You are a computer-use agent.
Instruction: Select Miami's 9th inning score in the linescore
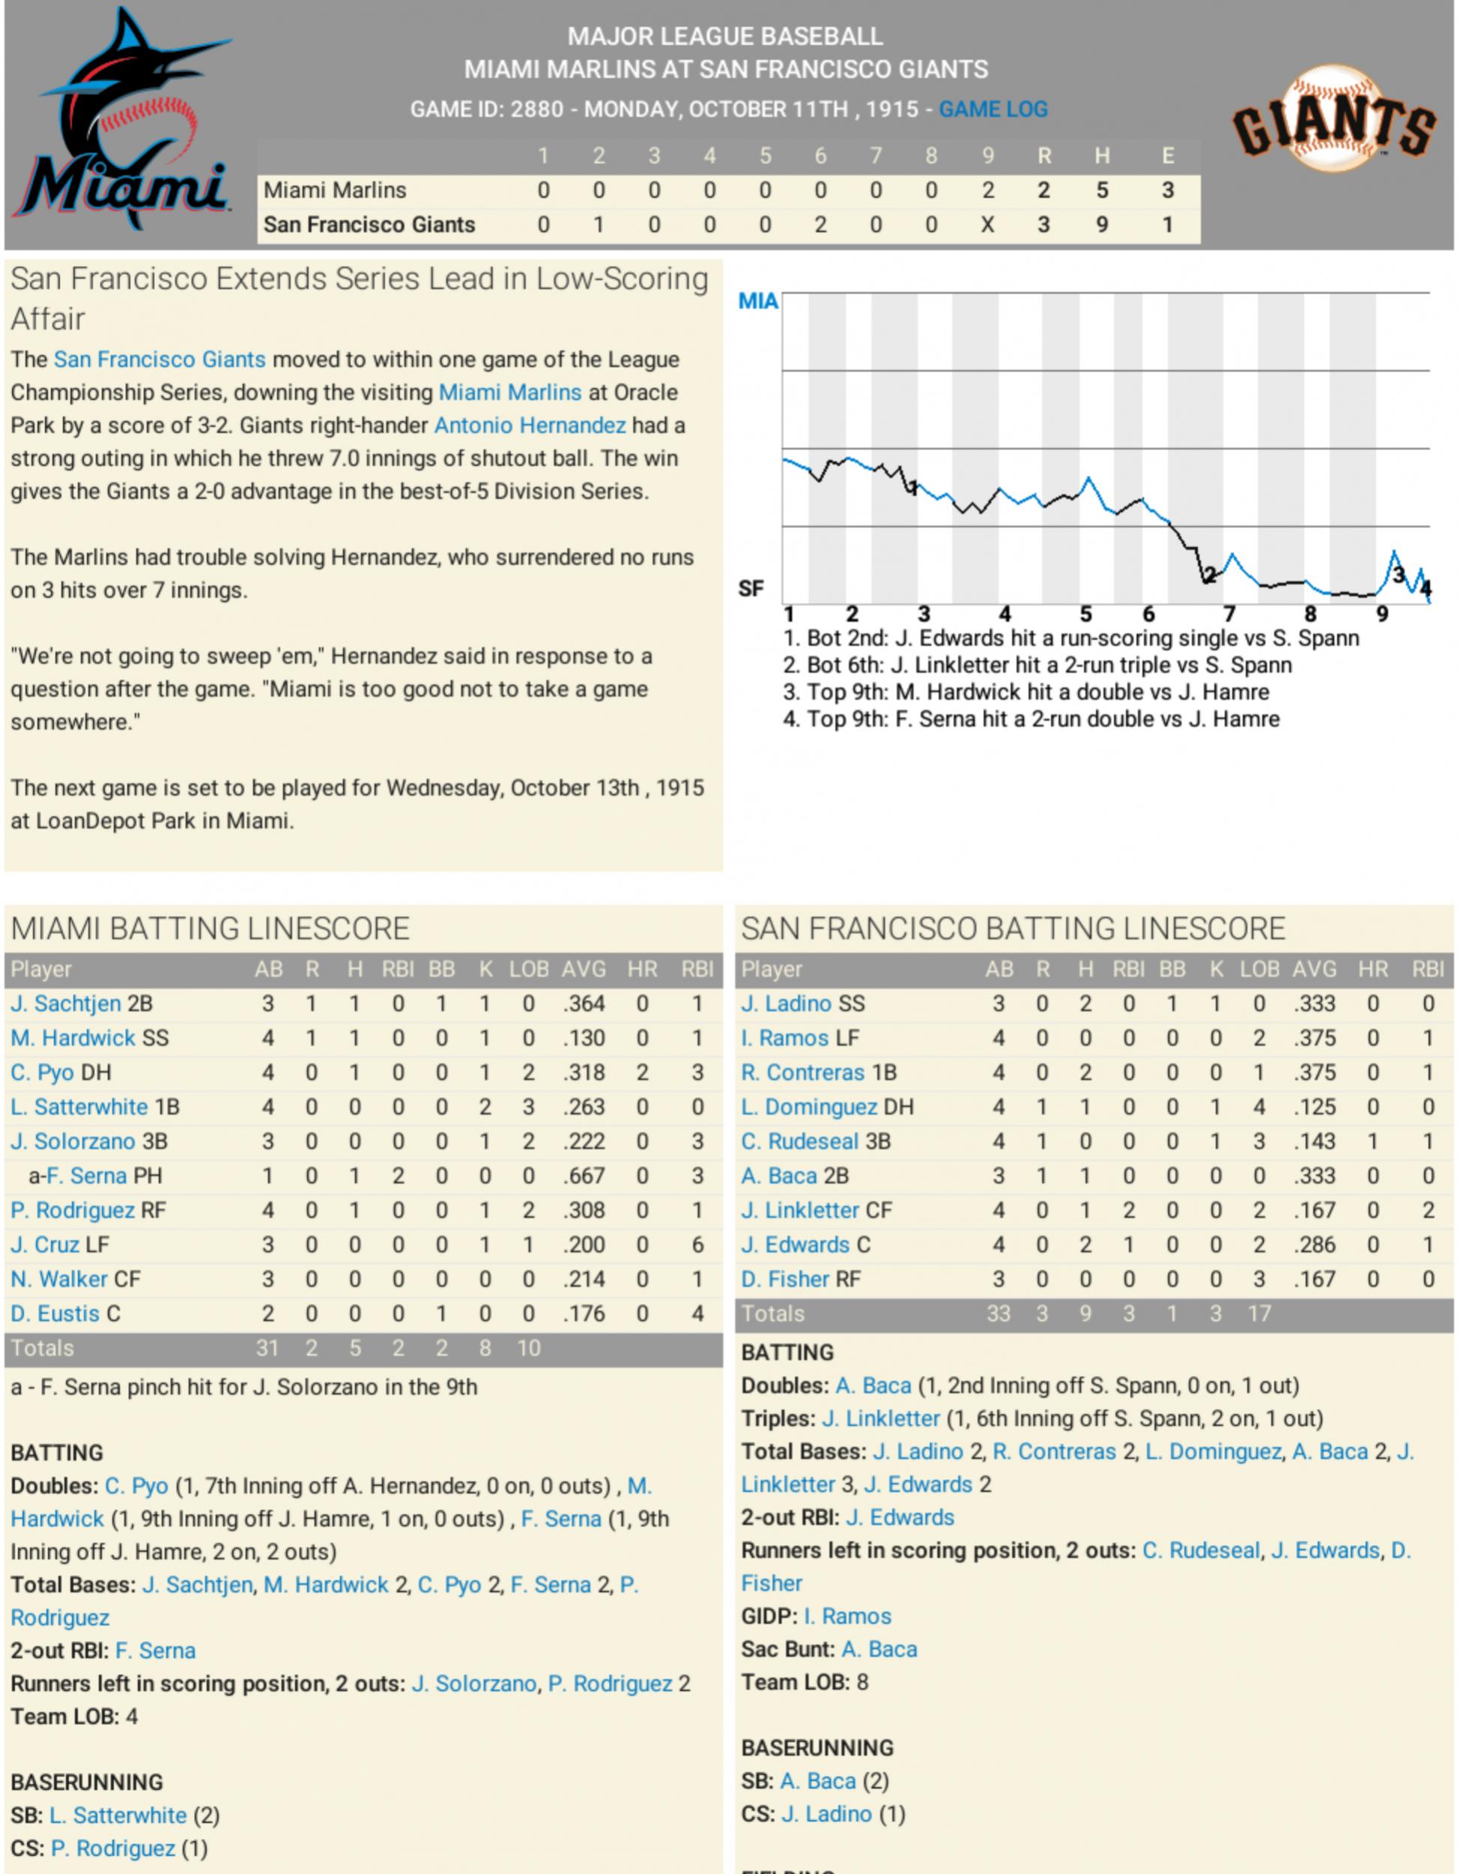click(987, 190)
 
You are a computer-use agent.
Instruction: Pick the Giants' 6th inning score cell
click(820, 225)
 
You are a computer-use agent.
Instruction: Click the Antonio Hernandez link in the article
click(530, 426)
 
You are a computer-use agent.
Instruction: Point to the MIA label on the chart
click(757, 301)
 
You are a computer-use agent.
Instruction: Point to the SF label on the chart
click(751, 589)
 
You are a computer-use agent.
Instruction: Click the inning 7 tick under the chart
click(1229, 614)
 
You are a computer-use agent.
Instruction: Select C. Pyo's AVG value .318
click(584, 1072)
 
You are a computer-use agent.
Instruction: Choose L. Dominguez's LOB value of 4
click(1258, 1107)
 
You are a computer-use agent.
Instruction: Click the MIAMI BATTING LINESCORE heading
click(210, 928)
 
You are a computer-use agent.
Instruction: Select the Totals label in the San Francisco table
click(773, 1314)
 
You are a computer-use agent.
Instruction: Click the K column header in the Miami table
click(485, 970)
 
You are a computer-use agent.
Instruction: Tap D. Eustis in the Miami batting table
click(55, 1314)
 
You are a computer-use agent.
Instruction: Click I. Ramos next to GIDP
click(846, 1616)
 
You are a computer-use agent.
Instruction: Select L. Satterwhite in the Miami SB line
click(118, 1816)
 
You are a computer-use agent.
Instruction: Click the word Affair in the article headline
click(48, 319)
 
